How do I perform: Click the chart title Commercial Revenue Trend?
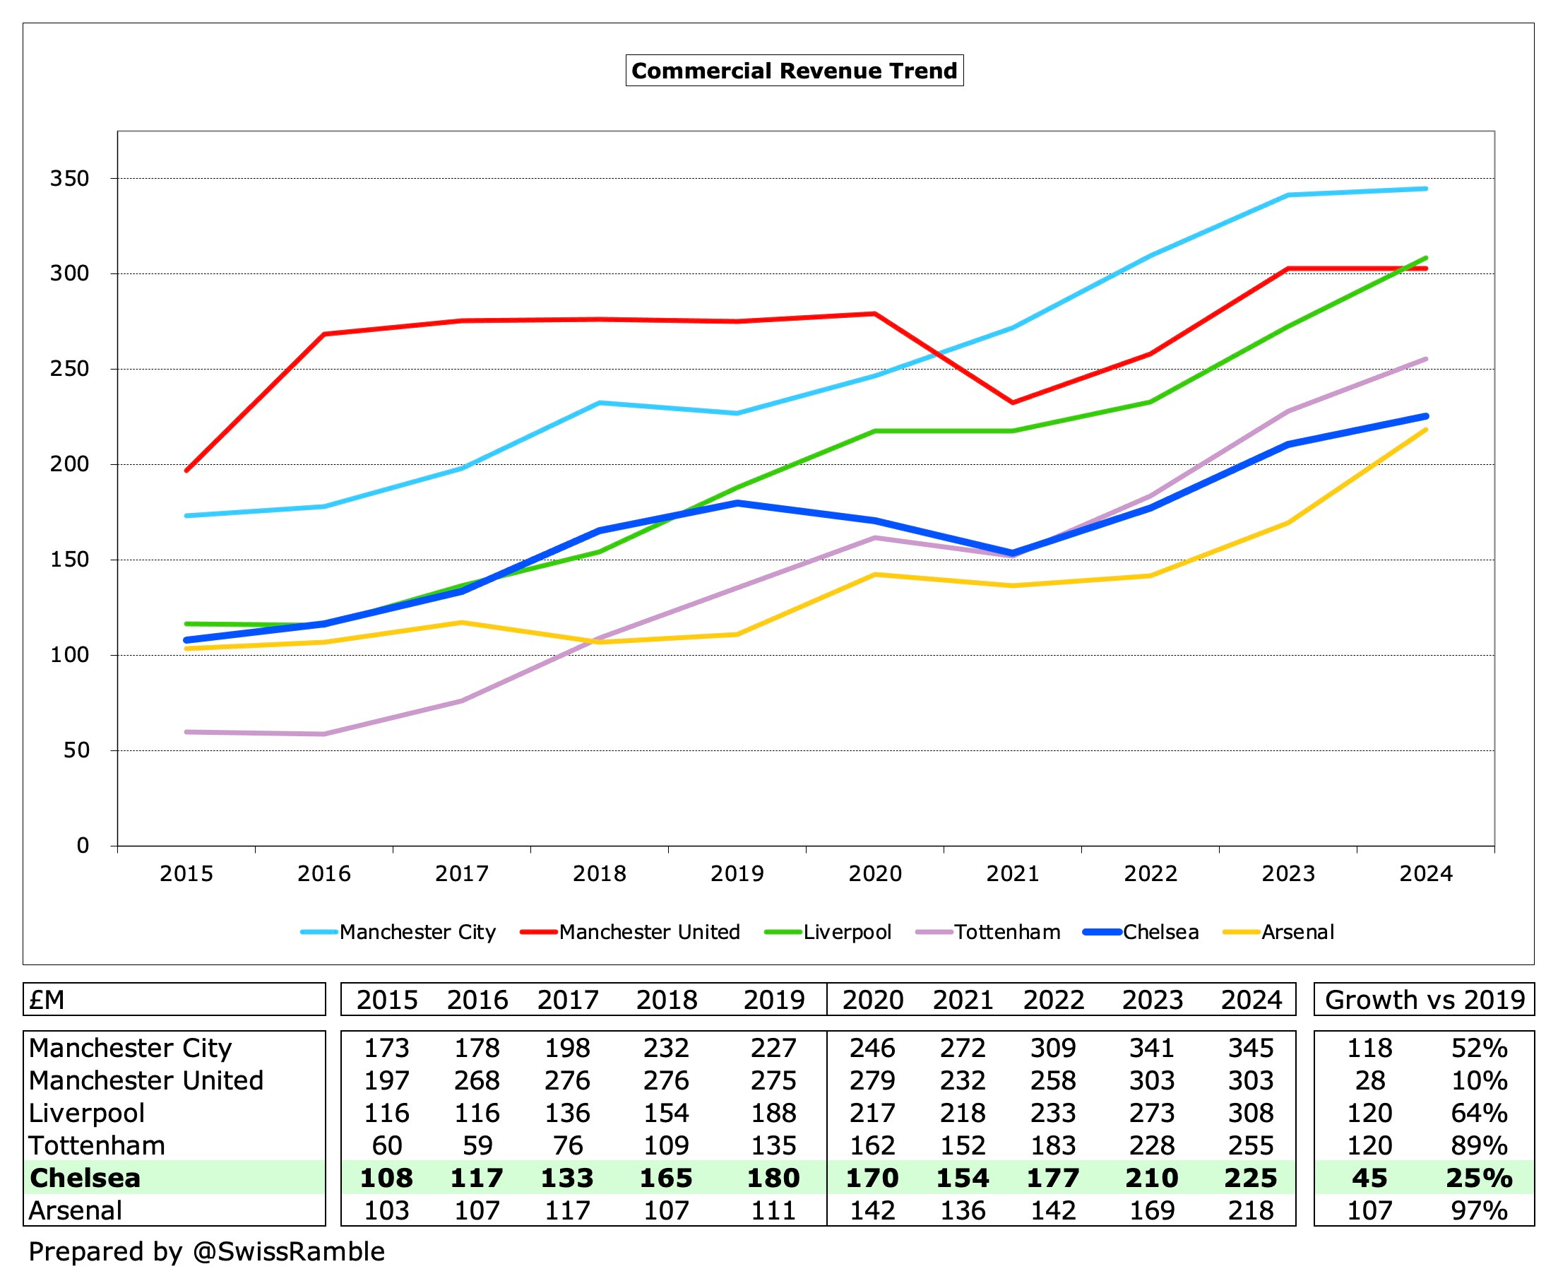(794, 70)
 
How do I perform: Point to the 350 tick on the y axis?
(69, 178)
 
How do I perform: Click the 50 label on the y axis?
(76, 750)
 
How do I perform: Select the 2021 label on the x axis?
(1012, 873)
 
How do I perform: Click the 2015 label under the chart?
(186, 873)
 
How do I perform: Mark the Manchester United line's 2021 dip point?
(1012, 403)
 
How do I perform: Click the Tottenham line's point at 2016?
(323, 734)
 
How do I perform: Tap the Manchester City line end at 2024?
(1425, 189)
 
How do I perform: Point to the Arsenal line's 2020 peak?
(875, 574)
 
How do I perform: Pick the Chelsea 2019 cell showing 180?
(773, 1178)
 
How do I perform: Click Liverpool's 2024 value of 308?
(1250, 1113)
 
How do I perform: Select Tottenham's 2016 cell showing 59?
(477, 1145)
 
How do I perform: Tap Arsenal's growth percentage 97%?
(1478, 1210)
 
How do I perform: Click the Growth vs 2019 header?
(1425, 999)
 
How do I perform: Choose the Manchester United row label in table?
(146, 1080)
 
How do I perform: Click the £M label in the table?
(47, 999)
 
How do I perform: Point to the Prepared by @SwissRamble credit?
(207, 1251)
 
